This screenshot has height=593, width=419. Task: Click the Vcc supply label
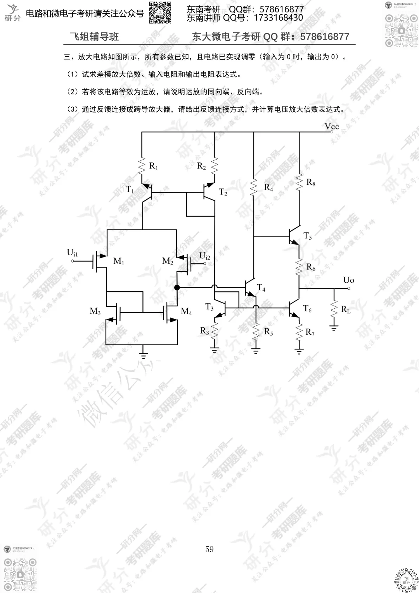click(332, 127)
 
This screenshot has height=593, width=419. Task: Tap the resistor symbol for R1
click(142, 167)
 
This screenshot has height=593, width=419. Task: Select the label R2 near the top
click(201, 166)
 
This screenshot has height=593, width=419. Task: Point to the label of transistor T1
click(130, 190)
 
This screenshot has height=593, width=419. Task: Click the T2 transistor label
click(223, 192)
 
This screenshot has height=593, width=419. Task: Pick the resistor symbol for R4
click(254, 188)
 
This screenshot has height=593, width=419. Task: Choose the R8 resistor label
click(311, 182)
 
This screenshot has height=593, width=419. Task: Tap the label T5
click(308, 236)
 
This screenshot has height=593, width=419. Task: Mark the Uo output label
click(348, 280)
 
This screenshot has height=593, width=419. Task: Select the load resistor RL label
click(346, 310)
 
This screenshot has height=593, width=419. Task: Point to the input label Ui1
click(73, 253)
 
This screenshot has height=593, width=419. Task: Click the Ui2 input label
click(204, 256)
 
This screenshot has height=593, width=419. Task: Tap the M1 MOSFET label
click(119, 261)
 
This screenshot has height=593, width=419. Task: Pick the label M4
click(186, 311)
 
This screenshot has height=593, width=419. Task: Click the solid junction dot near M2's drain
click(177, 287)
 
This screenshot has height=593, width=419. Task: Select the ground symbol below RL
click(334, 329)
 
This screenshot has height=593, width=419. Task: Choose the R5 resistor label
click(268, 332)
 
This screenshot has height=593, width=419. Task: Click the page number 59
click(209, 549)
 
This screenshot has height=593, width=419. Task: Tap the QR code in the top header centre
click(160, 12)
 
